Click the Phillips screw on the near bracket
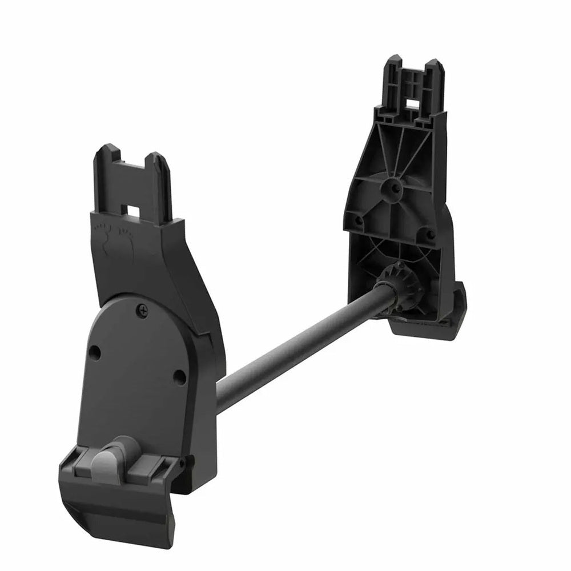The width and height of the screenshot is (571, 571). coord(142,309)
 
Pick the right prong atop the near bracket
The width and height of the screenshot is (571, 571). coord(160,166)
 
